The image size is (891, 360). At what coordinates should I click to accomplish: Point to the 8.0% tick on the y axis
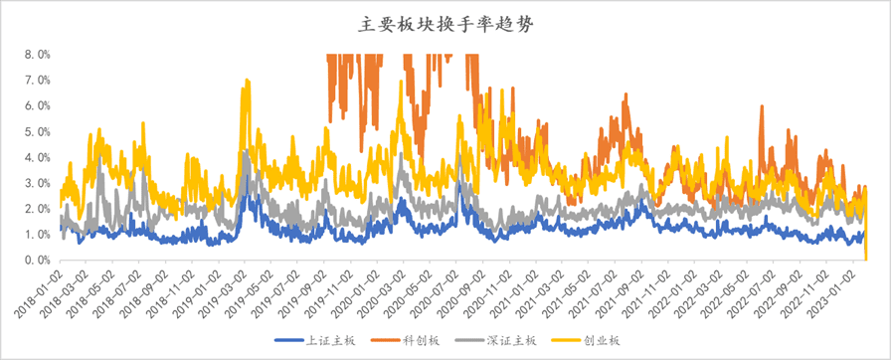click(37, 54)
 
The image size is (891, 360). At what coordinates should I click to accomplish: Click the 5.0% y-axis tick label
click(37, 131)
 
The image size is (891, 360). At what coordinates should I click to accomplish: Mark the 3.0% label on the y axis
click(37, 183)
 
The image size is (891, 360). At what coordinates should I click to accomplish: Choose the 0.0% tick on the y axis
click(37, 261)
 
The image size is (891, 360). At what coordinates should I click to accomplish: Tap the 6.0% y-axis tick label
click(37, 105)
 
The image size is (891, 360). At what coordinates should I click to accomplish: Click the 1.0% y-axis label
click(37, 235)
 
